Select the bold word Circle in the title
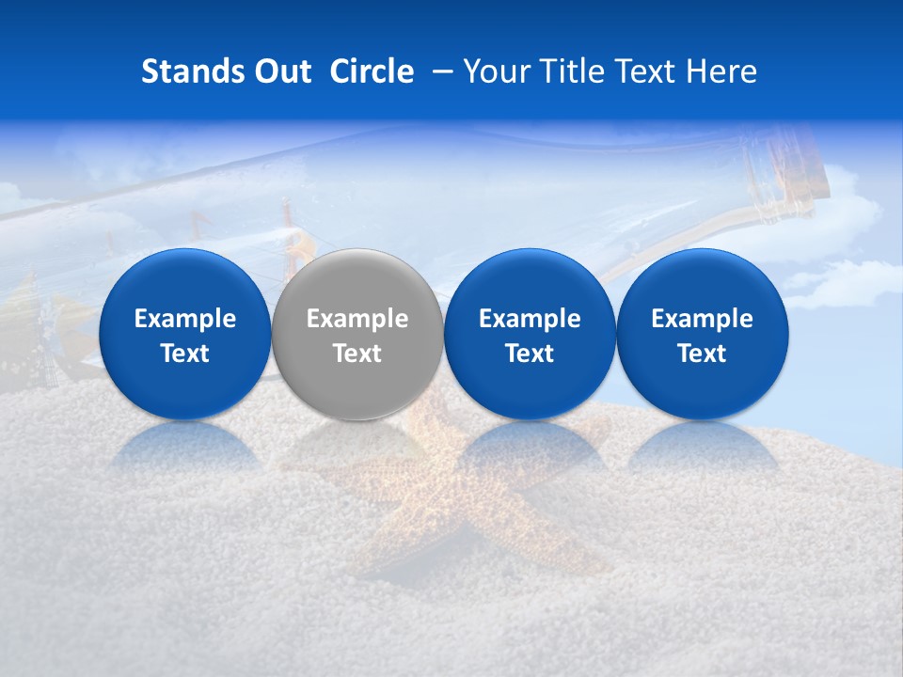(372, 71)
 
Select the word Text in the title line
(648, 71)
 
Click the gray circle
(356, 282)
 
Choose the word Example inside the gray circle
(356, 319)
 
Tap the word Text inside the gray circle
(356, 354)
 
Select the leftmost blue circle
(184, 282)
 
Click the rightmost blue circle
(702, 282)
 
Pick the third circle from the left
(530, 282)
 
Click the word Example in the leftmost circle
(184, 319)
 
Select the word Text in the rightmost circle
(702, 354)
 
